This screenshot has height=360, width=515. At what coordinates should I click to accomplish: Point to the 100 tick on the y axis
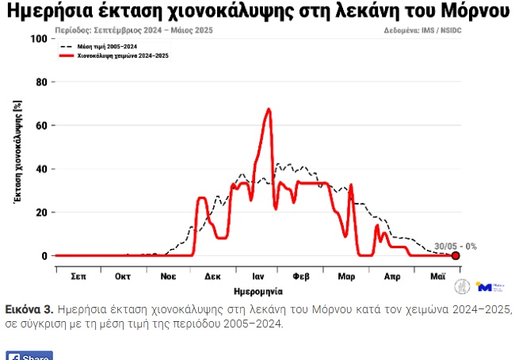click(x=37, y=39)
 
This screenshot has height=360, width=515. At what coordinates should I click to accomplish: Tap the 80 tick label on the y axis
click(x=40, y=82)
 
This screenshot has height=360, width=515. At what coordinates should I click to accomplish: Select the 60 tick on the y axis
click(x=40, y=125)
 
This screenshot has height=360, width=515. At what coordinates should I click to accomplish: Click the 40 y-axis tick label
click(x=40, y=169)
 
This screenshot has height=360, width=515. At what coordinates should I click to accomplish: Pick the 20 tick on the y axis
click(x=40, y=213)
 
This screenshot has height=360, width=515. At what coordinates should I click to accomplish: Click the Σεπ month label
click(x=78, y=277)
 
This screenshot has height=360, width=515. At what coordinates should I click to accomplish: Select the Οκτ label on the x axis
click(x=123, y=277)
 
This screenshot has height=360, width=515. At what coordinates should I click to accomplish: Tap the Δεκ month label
click(x=212, y=277)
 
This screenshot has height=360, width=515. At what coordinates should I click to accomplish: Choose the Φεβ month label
click(x=301, y=277)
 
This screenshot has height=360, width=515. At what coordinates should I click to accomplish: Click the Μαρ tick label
click(x=346, y=277)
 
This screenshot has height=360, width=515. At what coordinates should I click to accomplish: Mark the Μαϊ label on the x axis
click(x=436, y=277)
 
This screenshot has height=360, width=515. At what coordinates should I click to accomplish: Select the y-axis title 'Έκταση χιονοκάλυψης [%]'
click(x=17, y=151)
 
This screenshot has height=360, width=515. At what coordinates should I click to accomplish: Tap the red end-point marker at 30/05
click(x=456, y=255)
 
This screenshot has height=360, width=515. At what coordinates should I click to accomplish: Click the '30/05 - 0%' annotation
click(x=455, y=246)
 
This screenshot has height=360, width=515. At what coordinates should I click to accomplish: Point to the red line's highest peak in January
click(x=269, y=109)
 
